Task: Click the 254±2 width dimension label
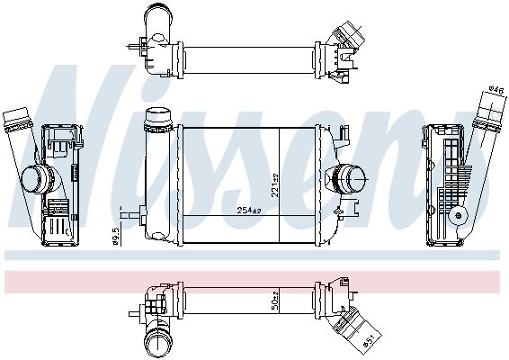click(x=249, y=211)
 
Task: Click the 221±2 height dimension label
click(x=275, y=185)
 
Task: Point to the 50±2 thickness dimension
click(x=275, y=301)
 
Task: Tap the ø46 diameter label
click(x=497, y=89)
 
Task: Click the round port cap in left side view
click(x=34, y=178)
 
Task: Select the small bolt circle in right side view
click(x=459, y=215)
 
